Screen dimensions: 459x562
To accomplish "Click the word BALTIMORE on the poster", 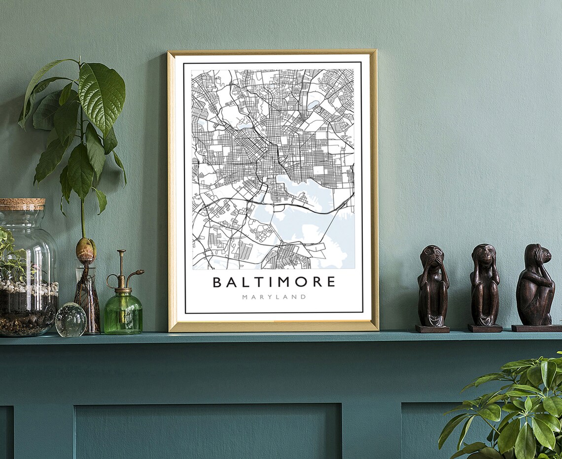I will (x=274, y=282).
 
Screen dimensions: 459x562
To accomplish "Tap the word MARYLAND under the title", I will (x=274, y=297).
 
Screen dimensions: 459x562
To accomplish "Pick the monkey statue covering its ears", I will (x=484, y=284).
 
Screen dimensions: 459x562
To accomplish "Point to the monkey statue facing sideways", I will (x=535, y=284).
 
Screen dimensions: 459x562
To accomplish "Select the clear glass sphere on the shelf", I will (x=70, y=319).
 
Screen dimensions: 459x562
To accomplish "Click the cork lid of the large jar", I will (x=22, y=204).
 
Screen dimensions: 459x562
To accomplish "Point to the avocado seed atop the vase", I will (x=85, y=249).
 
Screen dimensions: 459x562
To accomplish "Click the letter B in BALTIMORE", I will (x=216, y=282).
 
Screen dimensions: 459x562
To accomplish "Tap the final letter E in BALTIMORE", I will (x=331, y=282).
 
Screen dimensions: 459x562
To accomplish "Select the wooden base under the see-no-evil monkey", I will (x=432, y=328).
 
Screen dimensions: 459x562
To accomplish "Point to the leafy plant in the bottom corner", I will (x=513, y=414).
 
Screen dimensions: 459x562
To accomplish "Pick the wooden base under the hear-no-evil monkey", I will (x=485, y=328).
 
